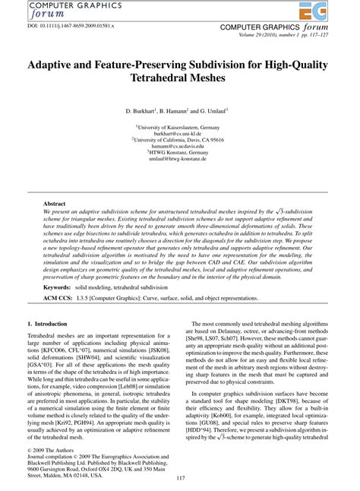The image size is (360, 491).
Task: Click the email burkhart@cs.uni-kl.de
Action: pyautogui.click(x=179, y=134)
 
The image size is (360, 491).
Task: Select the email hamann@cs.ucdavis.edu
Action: pyautogui.click(x=179, y=147)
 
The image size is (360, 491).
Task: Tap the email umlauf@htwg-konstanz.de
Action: pyautogui.click(x=179, y=160)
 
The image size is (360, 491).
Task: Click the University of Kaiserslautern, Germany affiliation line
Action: pyautogui.click(x=179, y=127)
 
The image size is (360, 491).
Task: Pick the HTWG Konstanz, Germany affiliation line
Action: pyautogui.click(x=179, y=154)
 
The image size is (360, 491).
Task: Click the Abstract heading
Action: pyautogui.click(x=56, y=204)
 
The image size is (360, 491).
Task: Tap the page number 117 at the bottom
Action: pyautogui.click(x=179, y=477)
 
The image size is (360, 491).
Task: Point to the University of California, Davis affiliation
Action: pyautogui.click(x=179, y=141)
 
